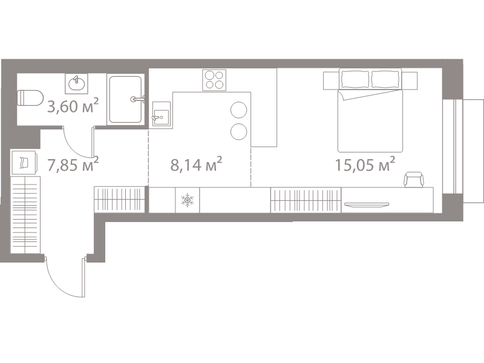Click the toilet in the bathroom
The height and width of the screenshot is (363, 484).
pyautogui.click(x=30, y=98)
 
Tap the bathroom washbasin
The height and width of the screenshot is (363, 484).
pyautogui.click(x=77, y=83)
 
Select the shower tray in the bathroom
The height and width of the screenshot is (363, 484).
pyautogui.click(x=126, y=99)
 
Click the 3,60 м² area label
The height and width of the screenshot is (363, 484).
pyautogui.click(x=73, y=106)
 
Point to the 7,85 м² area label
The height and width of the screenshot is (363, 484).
pyautogui.click(x=73, y=164)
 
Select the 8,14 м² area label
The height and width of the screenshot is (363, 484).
pyautogui.click(x=196, y=164)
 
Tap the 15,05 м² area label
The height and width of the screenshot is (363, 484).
pyautogui.click(x=365, y=164)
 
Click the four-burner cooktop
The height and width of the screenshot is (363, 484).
pyautogui.click(x=214, y=80)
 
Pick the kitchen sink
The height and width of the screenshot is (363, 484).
pyautogui.click(x=161, y=114)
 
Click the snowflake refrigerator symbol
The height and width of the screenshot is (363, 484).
pyautogui.click(x=188, y=200)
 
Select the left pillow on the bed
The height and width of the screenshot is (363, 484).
pyautogui.click(x=355, y=79)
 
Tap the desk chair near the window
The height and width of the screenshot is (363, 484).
pyautogui.click(x=414, y=179)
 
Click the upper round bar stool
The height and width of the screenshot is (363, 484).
pyautogui.click(x=239, y=110)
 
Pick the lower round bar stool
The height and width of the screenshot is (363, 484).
pyautogui.click(x=239, y=131)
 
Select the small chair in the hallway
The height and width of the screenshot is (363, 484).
pyautogui.click(x=24, y=162)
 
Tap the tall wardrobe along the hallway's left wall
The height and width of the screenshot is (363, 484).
pyautogui.click(x=25, y=215)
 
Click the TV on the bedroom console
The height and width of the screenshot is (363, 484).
pyautogui.click(x=367, y=204)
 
